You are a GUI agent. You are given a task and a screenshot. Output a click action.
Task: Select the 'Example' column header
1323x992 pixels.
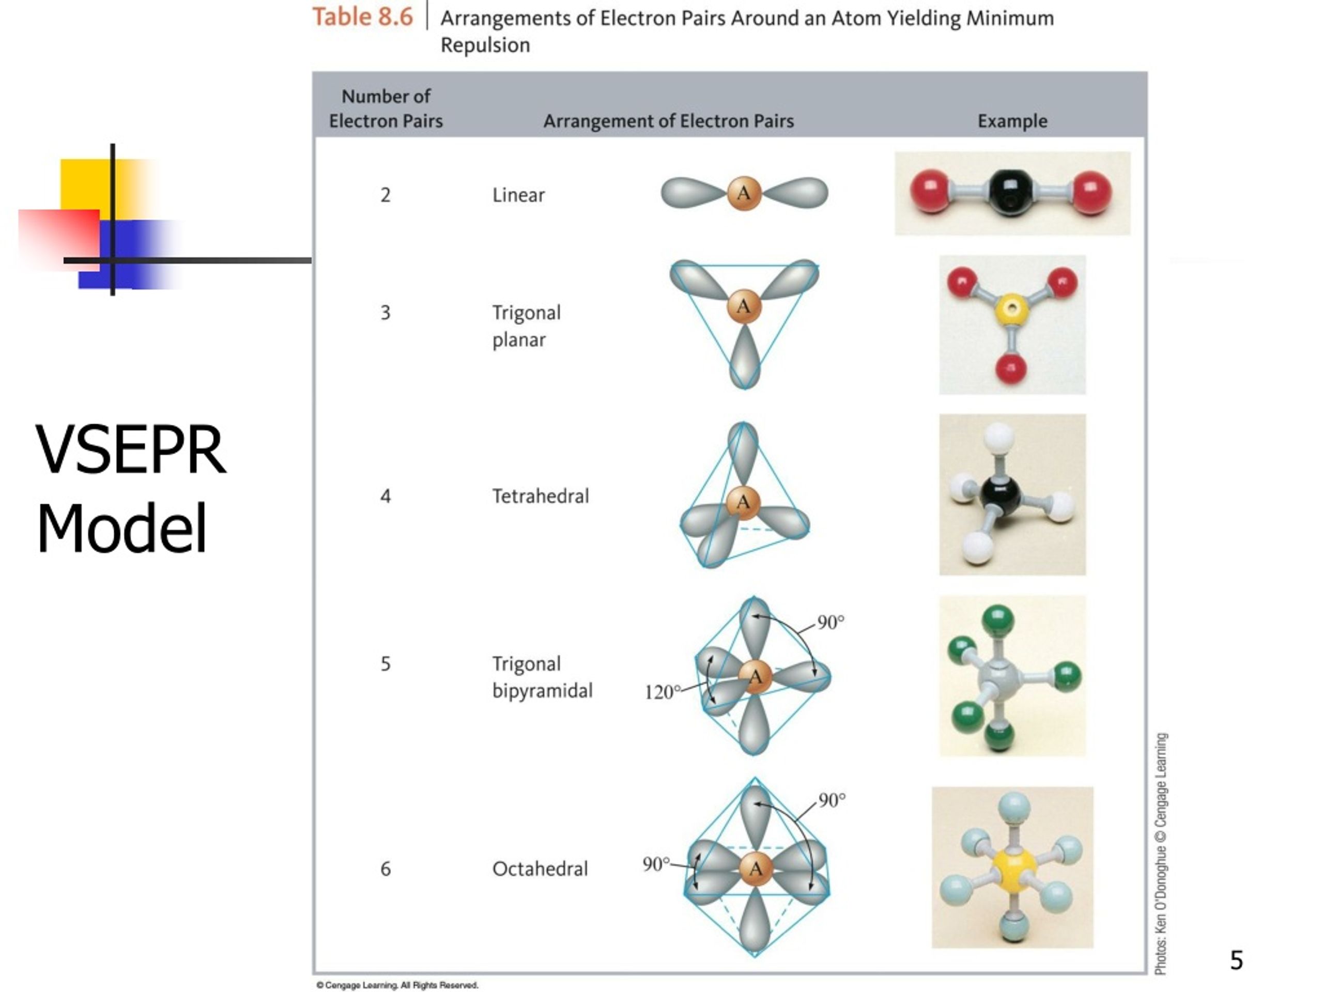click(1012, 121)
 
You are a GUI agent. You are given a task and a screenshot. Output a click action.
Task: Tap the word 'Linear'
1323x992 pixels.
click(518, 195)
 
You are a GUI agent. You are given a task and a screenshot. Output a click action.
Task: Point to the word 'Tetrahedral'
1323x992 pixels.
click(540, 495)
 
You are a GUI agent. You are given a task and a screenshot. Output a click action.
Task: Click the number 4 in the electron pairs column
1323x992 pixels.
click(386, 495)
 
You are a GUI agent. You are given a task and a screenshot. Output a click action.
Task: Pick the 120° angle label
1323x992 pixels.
click(662, 692)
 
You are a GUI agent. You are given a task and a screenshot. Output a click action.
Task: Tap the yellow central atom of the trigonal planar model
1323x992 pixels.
click(1011, 309)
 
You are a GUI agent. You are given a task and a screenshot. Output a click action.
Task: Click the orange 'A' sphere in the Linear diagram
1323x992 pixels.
click(744, 193)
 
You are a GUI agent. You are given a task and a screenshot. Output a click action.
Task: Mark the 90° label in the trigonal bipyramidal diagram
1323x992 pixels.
click(831, 623)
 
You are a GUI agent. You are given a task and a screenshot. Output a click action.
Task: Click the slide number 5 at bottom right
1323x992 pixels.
click(1236, 960)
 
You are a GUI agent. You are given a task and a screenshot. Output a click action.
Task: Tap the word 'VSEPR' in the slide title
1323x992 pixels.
click(130, 450)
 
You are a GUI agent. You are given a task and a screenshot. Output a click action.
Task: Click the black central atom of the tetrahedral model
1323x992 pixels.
click(999, 494)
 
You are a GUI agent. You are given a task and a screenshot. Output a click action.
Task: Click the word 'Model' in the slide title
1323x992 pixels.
click(121, 529)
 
